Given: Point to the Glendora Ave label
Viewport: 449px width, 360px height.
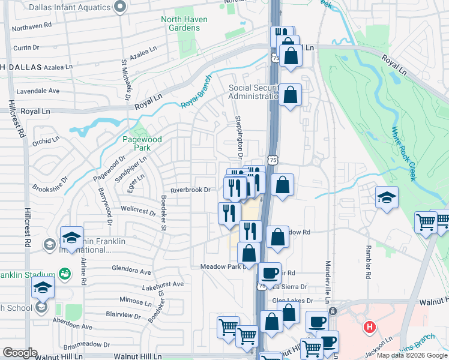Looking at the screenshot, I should click(131, 271).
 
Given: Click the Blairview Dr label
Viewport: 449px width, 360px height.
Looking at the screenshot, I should click(122, 313).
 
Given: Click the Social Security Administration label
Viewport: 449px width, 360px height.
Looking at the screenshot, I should click(255, 92).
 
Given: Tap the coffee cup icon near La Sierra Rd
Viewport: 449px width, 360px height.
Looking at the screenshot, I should click(270, 274).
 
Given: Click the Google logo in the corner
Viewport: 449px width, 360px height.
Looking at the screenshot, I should click(20, 353).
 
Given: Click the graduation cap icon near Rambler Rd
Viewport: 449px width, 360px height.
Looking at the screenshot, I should click(387, 197).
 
